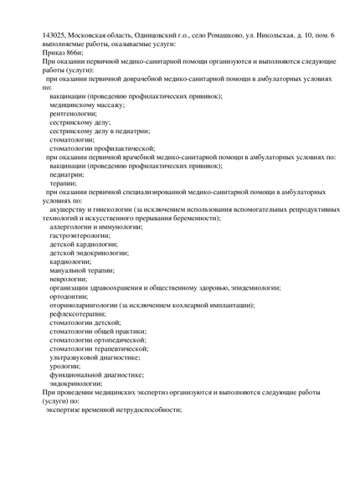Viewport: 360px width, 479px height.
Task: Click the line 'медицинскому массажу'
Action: coord(87,105)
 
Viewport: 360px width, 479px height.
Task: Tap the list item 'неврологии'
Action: coord(69,279)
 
